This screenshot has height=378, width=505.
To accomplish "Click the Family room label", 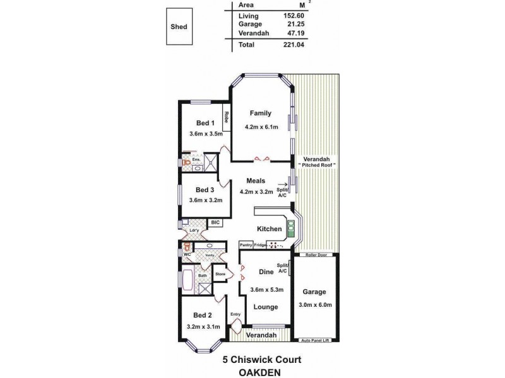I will click(260, 113).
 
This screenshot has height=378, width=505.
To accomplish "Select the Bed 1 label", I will click(205, 123).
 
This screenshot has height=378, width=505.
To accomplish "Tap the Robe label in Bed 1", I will click(226, 118).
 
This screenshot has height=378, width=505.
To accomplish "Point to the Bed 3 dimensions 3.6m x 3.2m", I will click(205, 200).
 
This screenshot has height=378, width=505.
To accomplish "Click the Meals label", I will click(255, 181).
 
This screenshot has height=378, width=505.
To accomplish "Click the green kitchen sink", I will click(292, 228).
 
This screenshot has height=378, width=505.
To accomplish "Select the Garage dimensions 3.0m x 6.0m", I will click(314, 305).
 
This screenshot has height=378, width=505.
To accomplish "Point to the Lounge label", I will click(266, 307).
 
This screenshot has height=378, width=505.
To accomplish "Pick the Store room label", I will click(220, 274).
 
